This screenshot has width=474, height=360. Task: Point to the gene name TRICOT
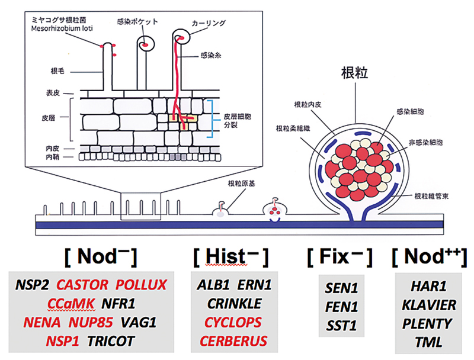coord(111,341)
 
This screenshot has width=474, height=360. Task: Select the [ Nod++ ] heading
coord(429,257)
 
